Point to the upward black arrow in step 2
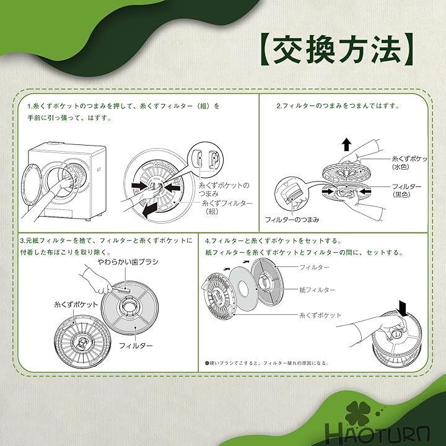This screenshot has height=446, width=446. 346,144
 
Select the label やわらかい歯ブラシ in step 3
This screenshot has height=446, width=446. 128,261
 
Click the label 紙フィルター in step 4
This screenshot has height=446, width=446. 317,290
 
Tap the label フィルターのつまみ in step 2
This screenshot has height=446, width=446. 292,219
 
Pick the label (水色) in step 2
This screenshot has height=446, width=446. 401,167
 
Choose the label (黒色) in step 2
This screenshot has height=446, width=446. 401,195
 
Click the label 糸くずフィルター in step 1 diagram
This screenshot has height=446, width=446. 227,203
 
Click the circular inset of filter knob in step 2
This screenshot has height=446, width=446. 292,194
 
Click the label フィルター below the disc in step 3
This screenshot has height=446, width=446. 136,346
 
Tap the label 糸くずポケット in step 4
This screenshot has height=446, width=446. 320,315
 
